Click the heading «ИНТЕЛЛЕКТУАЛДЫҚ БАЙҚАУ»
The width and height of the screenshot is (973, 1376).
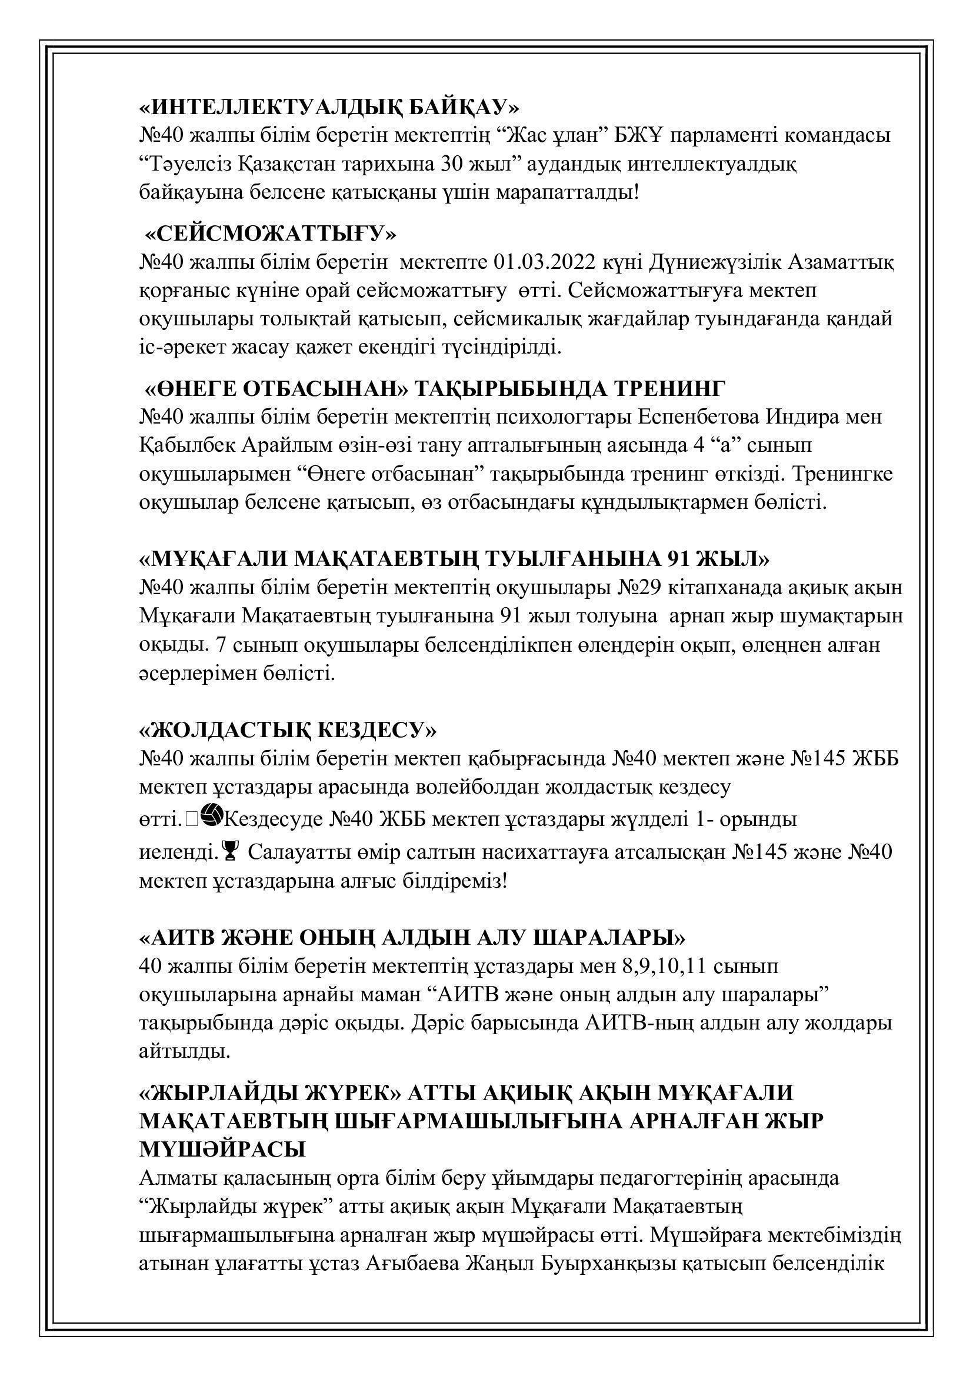pyautogui.click(x=329, y=108)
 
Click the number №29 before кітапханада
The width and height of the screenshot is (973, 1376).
pyautogui.click(x=639, y=588)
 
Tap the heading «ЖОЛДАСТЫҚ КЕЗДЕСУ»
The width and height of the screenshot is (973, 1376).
pyautogui.click(x=288, y=731)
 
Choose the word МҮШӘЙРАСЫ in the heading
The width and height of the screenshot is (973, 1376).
pyautogui.click(x=222, y=1150)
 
